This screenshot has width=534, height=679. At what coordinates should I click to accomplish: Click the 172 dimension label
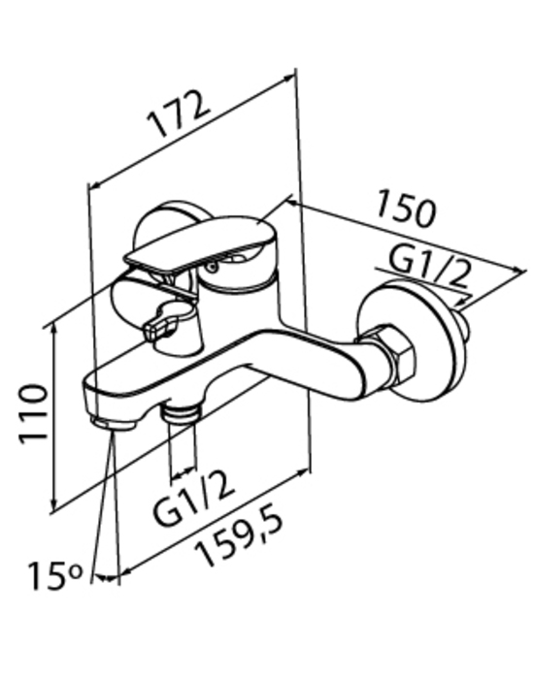click(179, 113)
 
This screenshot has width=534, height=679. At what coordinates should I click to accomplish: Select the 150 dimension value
click(405, 209)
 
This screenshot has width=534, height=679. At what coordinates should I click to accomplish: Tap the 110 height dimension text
click(33, 413)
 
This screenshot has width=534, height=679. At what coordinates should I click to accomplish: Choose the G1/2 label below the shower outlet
click(194, 498)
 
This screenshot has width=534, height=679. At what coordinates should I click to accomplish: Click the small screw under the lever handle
click(212, 267)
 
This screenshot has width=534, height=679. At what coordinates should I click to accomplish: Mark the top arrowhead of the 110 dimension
click(53, 329)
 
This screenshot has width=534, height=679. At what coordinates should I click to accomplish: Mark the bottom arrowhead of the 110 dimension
click(53, 504)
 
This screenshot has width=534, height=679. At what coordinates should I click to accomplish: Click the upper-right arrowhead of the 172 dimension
click(289, 78)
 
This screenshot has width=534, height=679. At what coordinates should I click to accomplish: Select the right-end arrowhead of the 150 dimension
click(519, 270)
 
